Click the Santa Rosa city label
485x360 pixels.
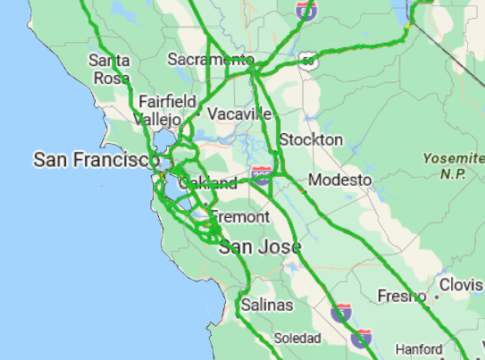[x=110, y=69]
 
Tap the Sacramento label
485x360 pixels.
[x=211, y=60]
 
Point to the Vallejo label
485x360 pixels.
[x=158, y=119]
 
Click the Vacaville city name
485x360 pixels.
[x=239, y=114]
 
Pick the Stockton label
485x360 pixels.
[x=311, y=140]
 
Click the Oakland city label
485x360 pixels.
[x=208, y=183]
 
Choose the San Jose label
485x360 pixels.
[x=260, y=247]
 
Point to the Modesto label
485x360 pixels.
[x=339, y=180]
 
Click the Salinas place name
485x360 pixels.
[x=266, y=306]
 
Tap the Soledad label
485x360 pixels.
[x=297, y=338]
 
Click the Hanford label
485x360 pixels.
[x=419, y=349]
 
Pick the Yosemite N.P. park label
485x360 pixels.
[x=454, y=166]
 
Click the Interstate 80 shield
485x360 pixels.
[x=306, y=10]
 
